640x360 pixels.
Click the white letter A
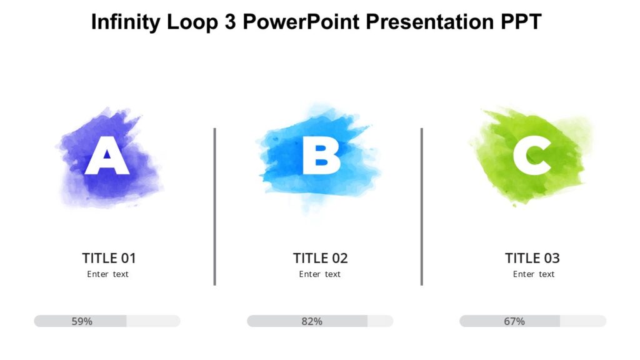[x=107, y=157]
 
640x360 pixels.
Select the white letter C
[x=532, y=156]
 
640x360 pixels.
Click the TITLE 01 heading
[x=109, y=258]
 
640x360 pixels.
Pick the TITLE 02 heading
[x=320, y=258]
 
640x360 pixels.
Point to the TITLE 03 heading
[x=532, y=258]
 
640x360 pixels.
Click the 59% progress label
[x=82, y=321]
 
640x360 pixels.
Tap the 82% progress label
[x=312, y=321]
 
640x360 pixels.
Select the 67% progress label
[x=514, y=321]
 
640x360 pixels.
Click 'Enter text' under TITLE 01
[x=107, y=274]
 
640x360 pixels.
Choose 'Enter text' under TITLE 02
[x=320, y=274]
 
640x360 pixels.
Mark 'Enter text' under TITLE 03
[x=534, y=274]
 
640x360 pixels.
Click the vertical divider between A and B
[x=214, y=206]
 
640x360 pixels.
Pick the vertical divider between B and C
[x=422, y=206]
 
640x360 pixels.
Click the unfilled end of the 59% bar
[x=154, y=321]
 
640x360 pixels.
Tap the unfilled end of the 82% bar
[x=381, y=321]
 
